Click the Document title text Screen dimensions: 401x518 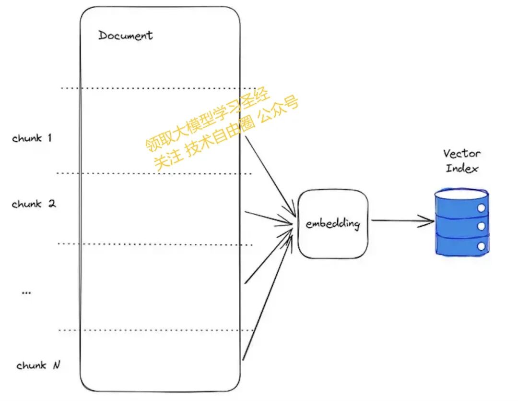point(125,36)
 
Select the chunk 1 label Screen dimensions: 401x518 point(32,138)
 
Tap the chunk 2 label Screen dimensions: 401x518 point(34,204)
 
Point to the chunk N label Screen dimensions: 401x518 point(38,365)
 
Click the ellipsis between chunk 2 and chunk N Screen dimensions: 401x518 point(26,292)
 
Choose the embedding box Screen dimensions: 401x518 point(332,224)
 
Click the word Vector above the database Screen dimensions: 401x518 point(461,154)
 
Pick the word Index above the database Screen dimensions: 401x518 point(462,169)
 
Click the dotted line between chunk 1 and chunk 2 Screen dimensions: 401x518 point(153,173)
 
